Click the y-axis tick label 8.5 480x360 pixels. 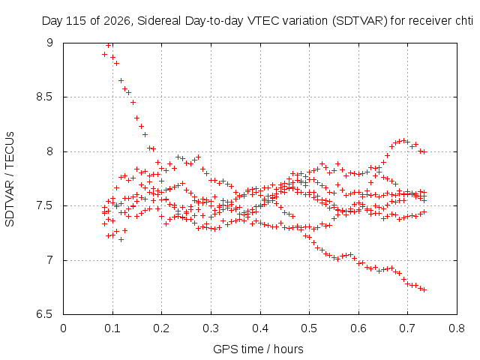point(44,97)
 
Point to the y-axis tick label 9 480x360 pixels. point(49,43)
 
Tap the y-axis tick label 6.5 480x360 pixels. point(44,314)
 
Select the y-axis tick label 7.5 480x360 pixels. point(44,205)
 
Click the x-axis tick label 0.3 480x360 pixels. point(211,328)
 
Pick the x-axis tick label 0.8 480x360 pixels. point(457,328)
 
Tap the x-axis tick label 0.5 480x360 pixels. point(309,328)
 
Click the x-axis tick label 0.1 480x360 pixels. point(112,328)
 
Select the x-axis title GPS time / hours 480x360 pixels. point(258,349)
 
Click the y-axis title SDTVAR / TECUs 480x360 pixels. point(10,179)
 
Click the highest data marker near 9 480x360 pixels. point(108,46)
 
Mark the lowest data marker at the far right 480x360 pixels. point(424,290)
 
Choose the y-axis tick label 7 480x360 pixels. point(49,260)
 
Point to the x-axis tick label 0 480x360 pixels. point(63,328)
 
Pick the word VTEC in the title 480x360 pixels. point(263,21)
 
